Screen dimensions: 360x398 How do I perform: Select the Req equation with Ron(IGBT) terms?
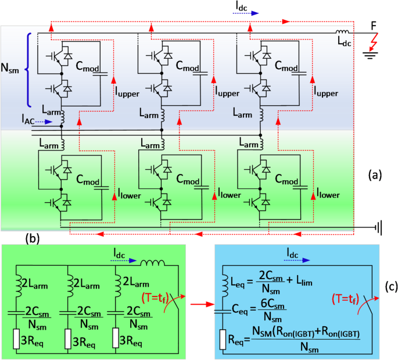[291, 338]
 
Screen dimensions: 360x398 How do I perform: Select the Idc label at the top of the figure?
[243, 7]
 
